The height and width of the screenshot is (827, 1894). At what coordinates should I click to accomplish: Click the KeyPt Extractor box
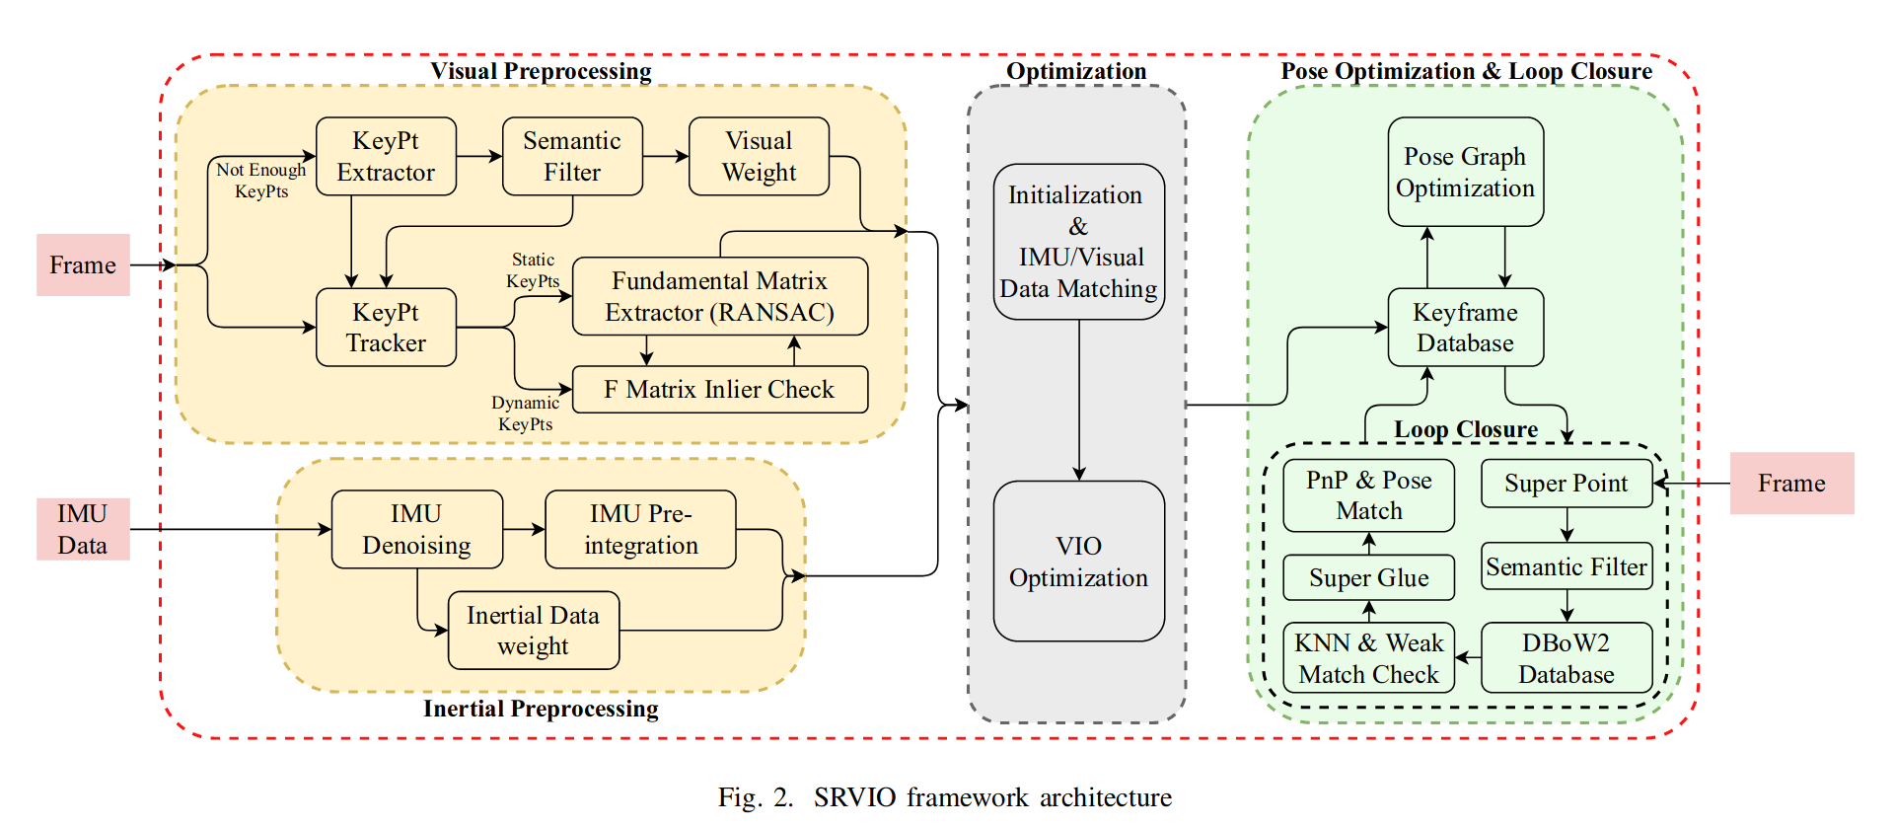coord(386,156)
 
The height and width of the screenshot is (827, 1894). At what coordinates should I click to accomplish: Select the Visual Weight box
coord(759,156)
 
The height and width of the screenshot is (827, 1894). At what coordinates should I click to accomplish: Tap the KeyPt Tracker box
coord(386,327)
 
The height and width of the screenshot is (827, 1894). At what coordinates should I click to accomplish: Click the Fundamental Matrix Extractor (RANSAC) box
coord(720,296)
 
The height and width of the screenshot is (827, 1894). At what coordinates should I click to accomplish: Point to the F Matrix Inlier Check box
coord(720,389)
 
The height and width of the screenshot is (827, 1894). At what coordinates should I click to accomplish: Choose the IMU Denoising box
coord(416,529)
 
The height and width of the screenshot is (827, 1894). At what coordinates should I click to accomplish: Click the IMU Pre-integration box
coord(640,529)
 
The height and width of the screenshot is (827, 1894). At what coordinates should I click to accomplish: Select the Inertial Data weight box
coord(533,630)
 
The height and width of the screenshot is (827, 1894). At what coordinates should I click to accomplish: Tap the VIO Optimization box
coord(1078,561)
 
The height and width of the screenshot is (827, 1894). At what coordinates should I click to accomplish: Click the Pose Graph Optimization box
coord(1465,172)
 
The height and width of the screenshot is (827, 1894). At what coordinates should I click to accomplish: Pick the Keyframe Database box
coord(1465,327)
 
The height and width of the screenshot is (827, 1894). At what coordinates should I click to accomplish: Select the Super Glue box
coord(1368,577)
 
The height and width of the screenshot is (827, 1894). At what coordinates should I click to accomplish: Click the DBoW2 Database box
coord(1566,657)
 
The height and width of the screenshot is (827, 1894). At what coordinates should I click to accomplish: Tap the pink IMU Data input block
coord(83,529)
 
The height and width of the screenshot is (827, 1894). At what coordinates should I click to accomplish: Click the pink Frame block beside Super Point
coord(1791,483)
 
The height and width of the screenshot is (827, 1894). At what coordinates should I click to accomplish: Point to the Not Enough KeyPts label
coord(261,181)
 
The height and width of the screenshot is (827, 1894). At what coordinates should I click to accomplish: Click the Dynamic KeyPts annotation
coord(525,413)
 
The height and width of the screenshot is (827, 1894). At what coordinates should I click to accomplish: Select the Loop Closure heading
coord(1465,429)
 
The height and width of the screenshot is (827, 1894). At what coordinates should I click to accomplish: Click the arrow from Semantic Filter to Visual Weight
coord(666,156)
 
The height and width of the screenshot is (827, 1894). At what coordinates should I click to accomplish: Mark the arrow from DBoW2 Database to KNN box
coord(1468,657)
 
